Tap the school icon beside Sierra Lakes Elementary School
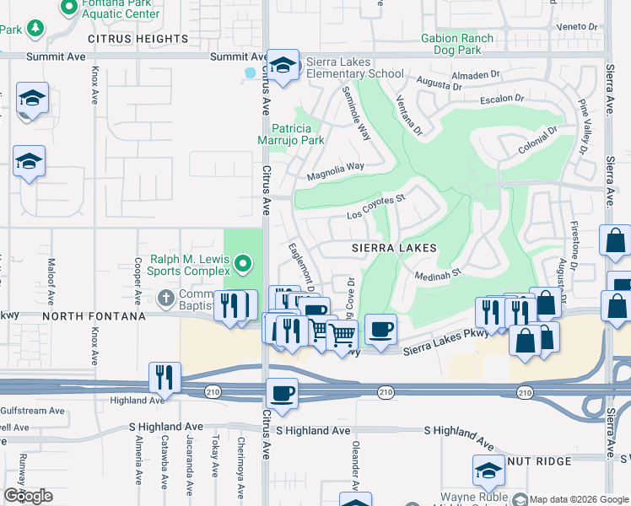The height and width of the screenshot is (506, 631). (x=283, y=66)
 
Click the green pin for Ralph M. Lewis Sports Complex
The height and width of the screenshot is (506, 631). (x=244, y=265)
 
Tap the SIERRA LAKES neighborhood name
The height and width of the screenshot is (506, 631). (x=395, y=248)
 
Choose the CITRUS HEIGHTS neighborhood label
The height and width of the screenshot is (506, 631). (x=138, y=39)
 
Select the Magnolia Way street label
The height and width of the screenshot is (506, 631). (x=335, y=167)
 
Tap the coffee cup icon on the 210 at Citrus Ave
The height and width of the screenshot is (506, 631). (x=282, y=392)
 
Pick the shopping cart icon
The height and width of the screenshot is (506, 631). (x=342, y=335)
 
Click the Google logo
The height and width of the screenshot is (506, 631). (x=28, y=495)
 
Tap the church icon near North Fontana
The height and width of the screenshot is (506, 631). (x=165, y=297)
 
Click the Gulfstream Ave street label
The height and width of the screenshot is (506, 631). (x=32, y=411)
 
